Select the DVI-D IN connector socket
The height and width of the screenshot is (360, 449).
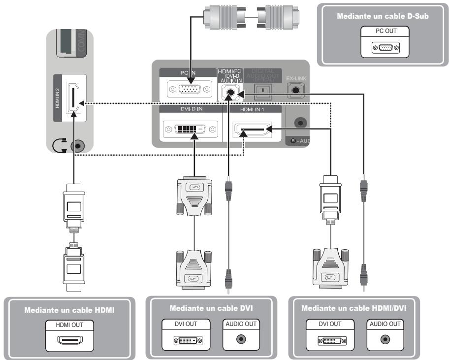(x=190, y=130)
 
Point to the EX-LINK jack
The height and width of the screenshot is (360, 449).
(x=296, y=89)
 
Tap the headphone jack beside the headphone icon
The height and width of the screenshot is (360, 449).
(x=77, y=146)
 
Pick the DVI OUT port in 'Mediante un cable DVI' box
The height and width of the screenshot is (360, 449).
(x=187, y=340)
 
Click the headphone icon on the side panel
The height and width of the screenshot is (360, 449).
(x=60, y=146)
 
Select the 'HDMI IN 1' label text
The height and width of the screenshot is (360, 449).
(x=252, y=109)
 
